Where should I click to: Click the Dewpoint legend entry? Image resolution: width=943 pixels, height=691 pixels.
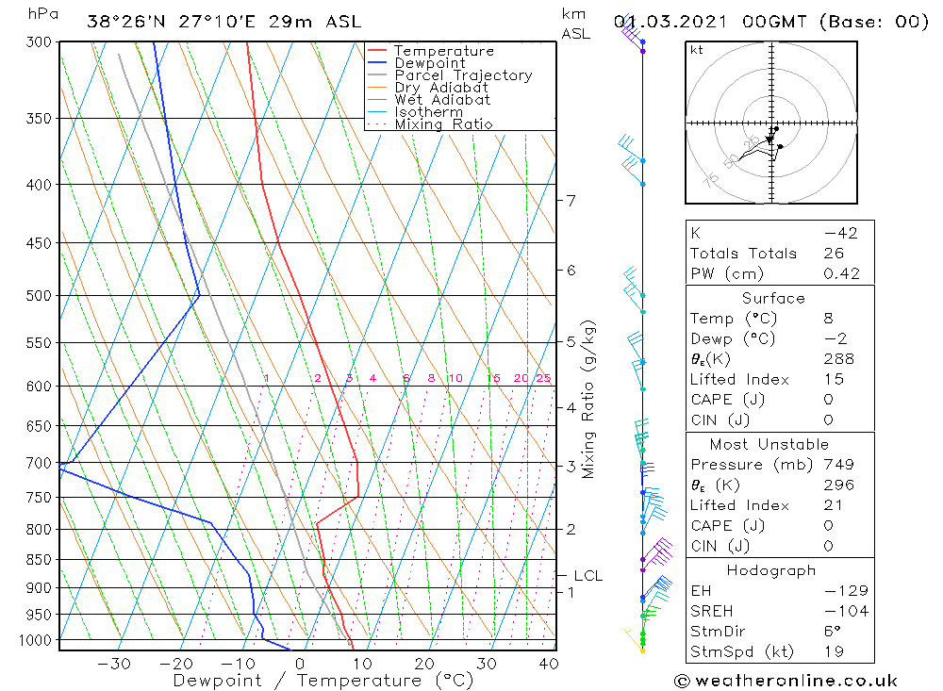click(x=429, y=63)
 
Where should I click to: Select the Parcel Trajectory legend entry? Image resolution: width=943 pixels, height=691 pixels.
click(x=462, y=75)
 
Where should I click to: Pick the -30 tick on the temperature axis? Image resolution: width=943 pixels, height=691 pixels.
click(x=114, y=664)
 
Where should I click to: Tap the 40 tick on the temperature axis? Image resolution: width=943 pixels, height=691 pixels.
click(x=548, y=664)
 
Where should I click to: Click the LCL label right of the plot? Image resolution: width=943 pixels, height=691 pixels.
click(x=587, y=575)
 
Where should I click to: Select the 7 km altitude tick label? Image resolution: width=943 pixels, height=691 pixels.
click(x=571, y=200)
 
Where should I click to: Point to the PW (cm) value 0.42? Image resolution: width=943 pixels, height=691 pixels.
click(x=841, y=274)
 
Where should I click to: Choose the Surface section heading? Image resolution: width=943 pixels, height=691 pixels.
click(x=773, y=298)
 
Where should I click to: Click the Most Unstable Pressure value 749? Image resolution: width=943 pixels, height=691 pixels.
click(x=838, y=465)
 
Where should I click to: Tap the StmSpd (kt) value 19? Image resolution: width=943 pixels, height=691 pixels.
click(x=834, y=651)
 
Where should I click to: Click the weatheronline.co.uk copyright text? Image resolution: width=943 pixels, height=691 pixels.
click(x=786, y=681)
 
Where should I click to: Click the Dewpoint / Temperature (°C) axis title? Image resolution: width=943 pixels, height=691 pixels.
click(x=323, y=681)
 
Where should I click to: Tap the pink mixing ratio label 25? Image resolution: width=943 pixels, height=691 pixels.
click(x=543, y=378)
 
